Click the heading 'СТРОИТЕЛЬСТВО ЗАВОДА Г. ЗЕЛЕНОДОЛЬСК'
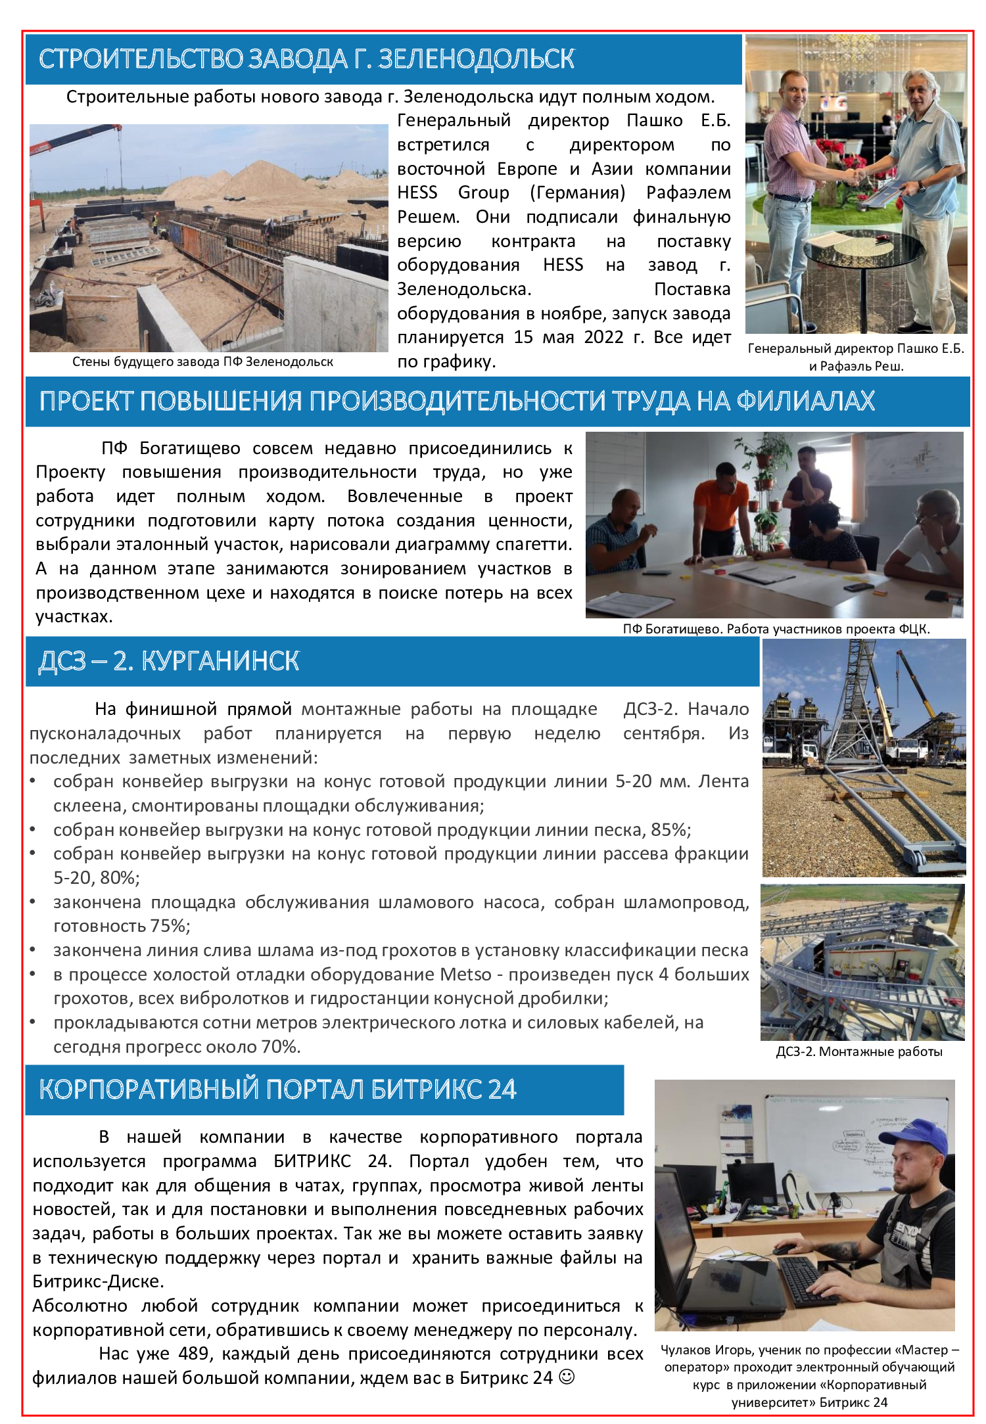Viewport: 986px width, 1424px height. click(x=306, y=59)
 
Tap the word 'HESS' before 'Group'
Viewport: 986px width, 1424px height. click(x=417, y=193)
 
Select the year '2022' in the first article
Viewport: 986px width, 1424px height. click(x=603, y=337)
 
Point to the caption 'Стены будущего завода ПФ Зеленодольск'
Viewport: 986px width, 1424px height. click(x=202, y=361)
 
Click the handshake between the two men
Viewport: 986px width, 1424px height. click(x=857, y=176)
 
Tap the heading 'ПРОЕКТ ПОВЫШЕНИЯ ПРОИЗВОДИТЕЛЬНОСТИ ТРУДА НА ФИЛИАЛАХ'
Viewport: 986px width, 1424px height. click(x=457, y=401)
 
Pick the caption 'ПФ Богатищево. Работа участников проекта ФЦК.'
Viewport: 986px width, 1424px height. click(x=776, y=629)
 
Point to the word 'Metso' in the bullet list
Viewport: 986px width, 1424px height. click(x=465, y=975)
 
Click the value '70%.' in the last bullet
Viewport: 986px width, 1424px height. click(x=281, y=1047)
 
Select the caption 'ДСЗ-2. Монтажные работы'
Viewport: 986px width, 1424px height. click(x=859, y=1051)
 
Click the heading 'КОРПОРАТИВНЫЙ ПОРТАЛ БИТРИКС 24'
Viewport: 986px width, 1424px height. click(x=277, y=1090)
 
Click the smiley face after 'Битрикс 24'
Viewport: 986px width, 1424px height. click(x=566, y=1377)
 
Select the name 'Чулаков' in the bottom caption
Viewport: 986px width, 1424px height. click(x=686, y=1350)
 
